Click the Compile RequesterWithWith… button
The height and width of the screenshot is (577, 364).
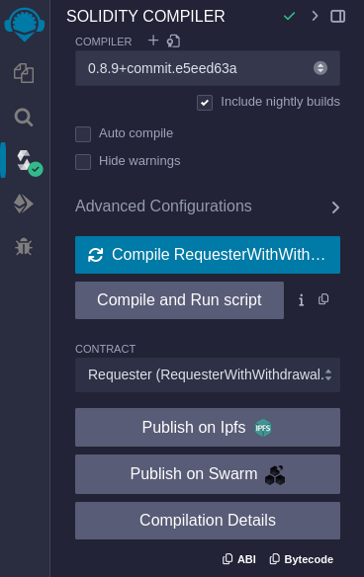(208, 255)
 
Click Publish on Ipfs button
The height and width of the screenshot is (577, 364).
(208, 428)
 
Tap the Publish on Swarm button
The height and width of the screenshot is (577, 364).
(208, 474)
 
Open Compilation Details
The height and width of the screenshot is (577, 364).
(208, 521)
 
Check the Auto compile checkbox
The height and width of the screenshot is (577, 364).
(83, 133)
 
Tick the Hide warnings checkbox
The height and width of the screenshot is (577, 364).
(83, 161)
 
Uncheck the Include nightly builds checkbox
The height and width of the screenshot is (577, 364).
(205, 102)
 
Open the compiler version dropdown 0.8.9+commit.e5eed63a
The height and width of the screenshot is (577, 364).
(208, 68)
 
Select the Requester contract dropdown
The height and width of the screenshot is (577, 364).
(208, 374)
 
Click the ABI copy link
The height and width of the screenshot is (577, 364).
(239, 559)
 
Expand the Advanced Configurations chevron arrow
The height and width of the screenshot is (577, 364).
(335, 207)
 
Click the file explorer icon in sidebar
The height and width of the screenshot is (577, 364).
(24, 73)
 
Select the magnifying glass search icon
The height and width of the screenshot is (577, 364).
(24, 117)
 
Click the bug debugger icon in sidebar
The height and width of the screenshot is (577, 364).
(24, 246)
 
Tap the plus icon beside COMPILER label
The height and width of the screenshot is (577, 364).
(152, 41)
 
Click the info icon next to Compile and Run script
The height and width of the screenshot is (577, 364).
(301, 300)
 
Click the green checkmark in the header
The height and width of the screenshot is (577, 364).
(289, 16)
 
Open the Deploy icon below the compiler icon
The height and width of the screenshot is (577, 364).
(24, 204)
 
